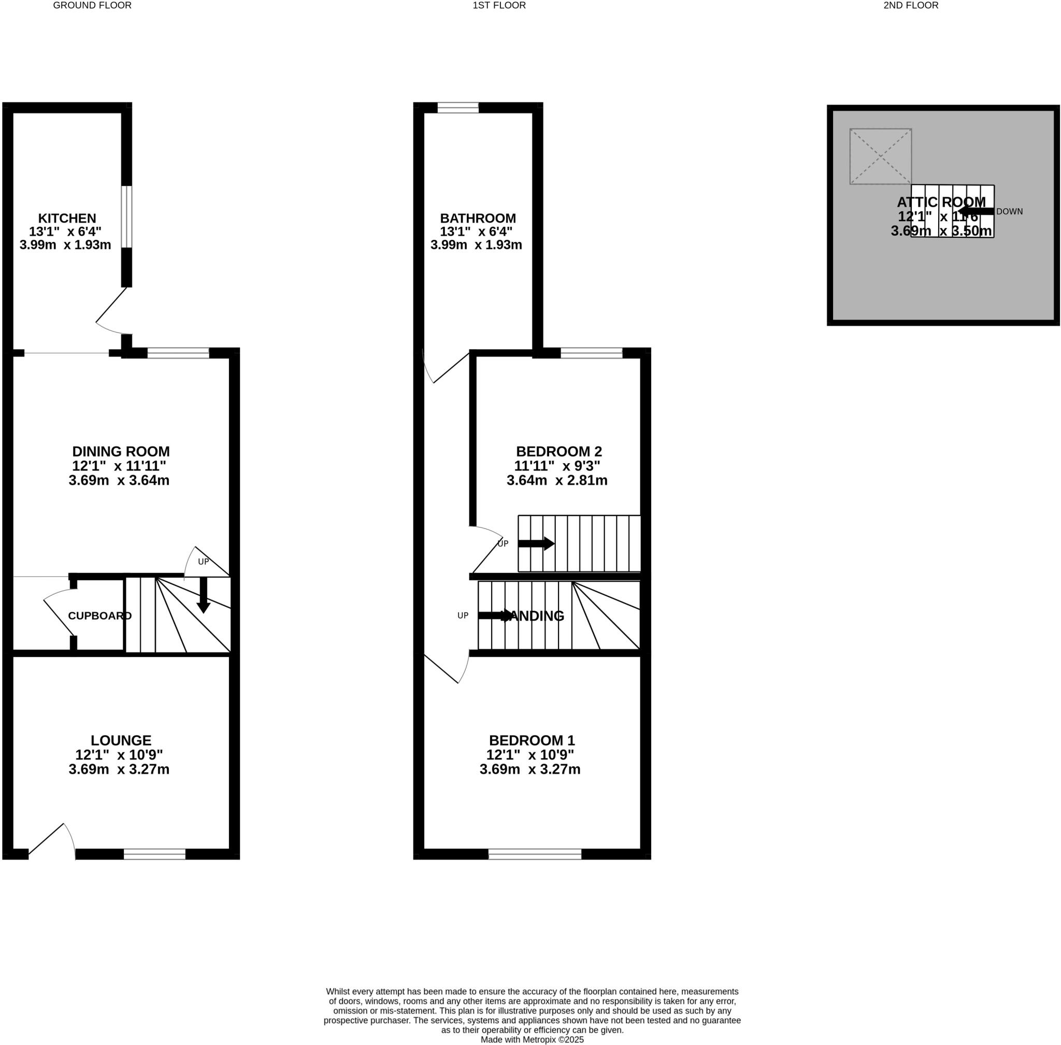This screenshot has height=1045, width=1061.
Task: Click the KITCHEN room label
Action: coord(67,218)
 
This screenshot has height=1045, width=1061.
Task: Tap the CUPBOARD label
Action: coord(99,616)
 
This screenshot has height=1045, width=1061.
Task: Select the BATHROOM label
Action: coord(478,218)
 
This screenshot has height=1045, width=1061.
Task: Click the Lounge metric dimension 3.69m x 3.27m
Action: coord(119,769)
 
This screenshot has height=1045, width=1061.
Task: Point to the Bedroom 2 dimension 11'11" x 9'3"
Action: coord(556,466)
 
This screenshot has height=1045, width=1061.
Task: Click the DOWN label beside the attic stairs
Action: coord(1009,211)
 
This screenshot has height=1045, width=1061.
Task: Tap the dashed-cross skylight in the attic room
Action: coord(880,156)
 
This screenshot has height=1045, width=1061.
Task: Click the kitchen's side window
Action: coord(127,217)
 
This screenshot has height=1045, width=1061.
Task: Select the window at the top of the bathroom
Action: coord(458,108)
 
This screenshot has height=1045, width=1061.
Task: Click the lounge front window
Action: coord(154,854)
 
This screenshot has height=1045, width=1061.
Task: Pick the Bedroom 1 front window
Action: coord(534,854)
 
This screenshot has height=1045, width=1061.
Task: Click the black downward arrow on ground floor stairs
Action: coord(203,595)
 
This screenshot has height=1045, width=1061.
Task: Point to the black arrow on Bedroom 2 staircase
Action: coord(536,543)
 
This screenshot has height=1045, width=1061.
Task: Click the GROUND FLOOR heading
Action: coord(92,6)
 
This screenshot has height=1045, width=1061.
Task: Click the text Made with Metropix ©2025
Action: coord(532,1039)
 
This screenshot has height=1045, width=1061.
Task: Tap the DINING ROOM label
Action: coord(121,451)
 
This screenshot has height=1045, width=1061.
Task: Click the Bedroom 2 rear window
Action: coord(591,353)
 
